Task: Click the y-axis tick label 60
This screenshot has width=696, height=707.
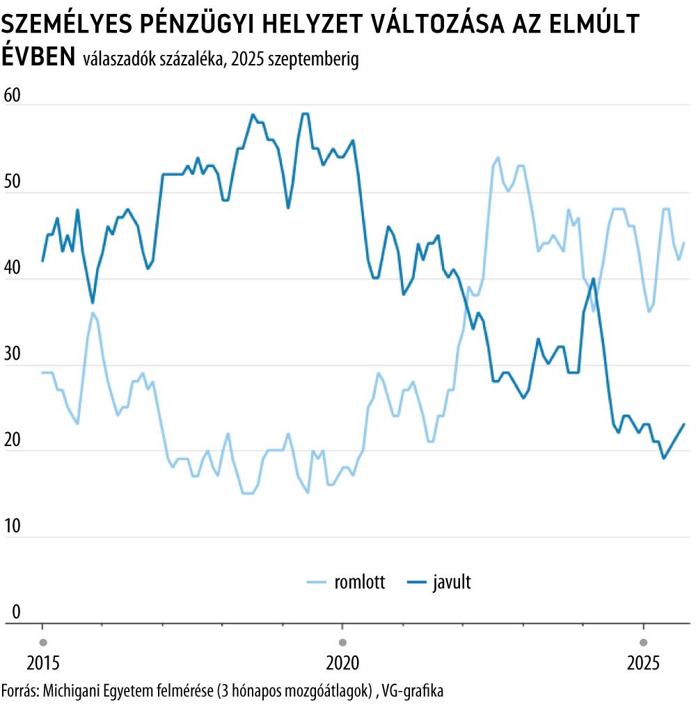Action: click(14, 95)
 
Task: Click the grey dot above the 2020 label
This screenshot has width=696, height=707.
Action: click(342, 641)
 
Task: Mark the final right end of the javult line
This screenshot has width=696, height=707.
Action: click(684, 424)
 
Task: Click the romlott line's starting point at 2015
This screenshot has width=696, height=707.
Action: click(42, 372)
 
